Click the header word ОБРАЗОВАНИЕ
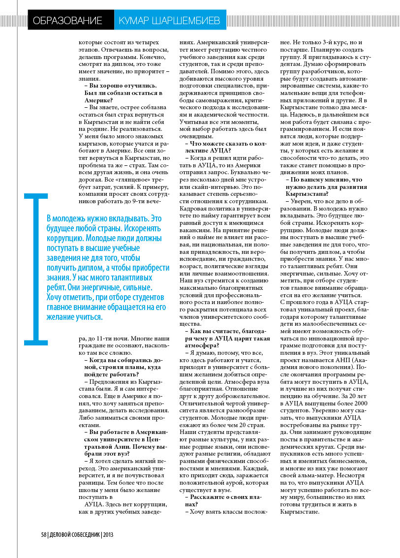coord(67,21)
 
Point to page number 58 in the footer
coord(43,535)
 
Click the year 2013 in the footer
coord(109,535)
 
